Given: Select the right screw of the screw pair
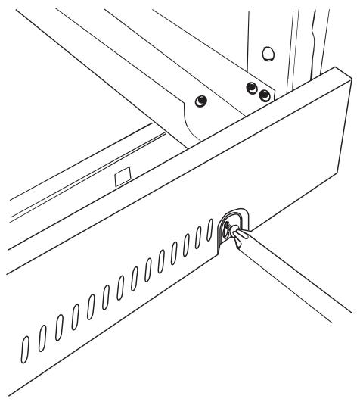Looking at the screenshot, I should tap(263, 95).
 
